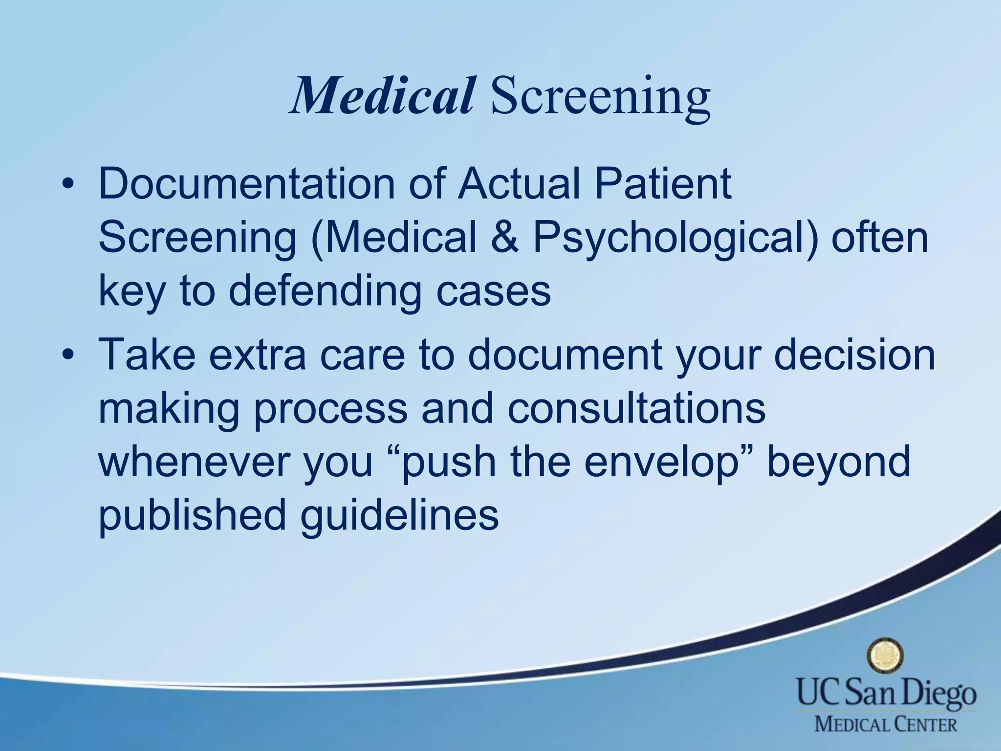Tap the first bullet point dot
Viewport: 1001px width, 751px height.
[x=68, y=185]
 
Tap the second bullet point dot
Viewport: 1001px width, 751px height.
[x=68, y=354]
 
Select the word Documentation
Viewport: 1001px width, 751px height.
[x=246, y=184]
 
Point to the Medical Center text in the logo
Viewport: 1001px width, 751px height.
[x=885, y=723]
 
